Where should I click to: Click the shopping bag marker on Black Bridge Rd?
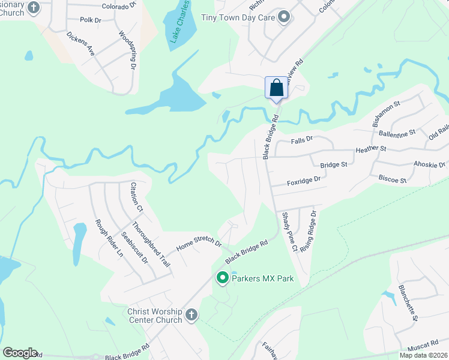point(276,88)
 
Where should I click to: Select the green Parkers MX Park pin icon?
point(222,278)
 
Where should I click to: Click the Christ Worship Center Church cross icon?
point(191,315)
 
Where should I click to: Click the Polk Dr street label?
point(90,20)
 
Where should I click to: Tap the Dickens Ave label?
point(81,44)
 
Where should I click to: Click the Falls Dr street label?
point(302,139)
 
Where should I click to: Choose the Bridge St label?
point(334,164)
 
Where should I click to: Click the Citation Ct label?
point(137,198)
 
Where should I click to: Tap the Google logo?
point(19,353)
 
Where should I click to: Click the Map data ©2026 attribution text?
point(423,355)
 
